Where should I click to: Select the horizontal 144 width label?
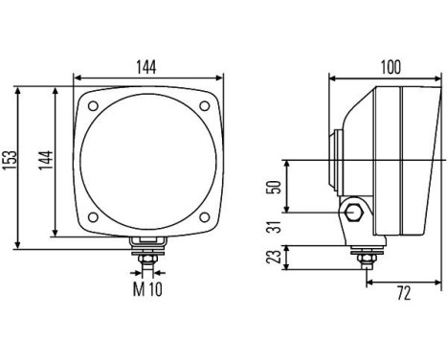click(146, 67)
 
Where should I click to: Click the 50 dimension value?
click(275, 186)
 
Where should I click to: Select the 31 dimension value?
click(275, 226)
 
